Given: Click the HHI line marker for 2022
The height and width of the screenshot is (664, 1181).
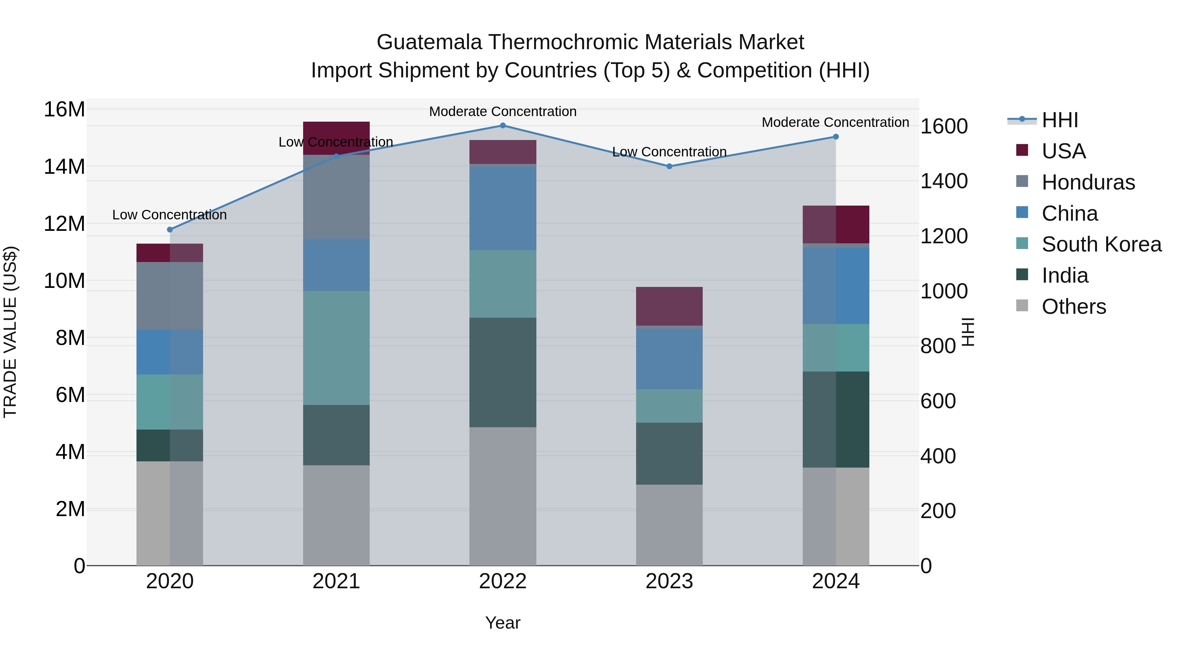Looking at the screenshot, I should [503, 126].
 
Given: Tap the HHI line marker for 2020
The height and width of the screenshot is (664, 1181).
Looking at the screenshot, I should [170, 230].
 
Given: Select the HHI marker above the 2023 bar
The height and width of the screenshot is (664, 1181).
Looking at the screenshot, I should [669, 166].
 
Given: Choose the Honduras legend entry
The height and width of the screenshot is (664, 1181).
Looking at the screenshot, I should [1088, 182].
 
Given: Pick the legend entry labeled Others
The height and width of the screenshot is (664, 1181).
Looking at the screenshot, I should [1073, 307].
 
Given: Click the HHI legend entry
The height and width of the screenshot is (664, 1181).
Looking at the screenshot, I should [1060, 120].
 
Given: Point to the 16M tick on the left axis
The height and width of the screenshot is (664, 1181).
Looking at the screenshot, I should [64, 110].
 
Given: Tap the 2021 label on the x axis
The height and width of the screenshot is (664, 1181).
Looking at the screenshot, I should [336, 581].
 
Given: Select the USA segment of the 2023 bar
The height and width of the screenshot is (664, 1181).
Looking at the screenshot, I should [669, 306].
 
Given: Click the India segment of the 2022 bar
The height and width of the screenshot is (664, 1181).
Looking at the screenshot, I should [503, 372].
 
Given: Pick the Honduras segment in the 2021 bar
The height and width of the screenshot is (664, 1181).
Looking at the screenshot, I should [336, 197].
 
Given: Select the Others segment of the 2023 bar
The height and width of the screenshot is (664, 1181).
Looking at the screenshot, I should [669, 525].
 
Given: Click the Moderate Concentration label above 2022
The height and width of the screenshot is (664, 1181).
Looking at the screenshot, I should [503, 111].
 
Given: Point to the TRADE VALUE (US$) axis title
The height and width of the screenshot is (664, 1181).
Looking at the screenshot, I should [10, 332].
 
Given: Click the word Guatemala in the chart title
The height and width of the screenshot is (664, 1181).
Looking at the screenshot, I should [429, 42].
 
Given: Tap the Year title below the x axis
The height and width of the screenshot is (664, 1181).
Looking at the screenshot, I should [503, 623].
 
